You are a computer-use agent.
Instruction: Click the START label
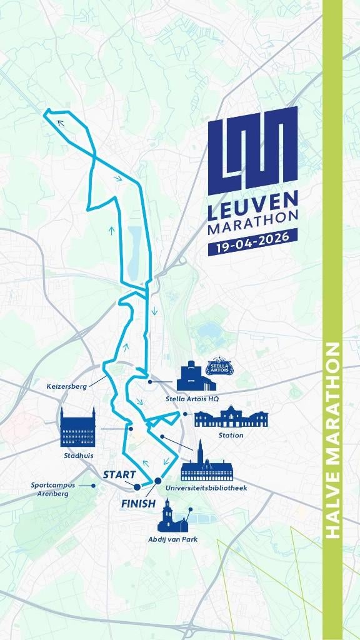point(119,474)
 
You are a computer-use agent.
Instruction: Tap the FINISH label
point(138,504)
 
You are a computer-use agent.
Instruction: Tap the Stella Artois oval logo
point(220,367)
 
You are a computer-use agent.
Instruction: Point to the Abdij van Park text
point(172,539)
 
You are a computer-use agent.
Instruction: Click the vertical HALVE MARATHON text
point(332,441)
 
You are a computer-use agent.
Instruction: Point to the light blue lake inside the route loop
point(135,254)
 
